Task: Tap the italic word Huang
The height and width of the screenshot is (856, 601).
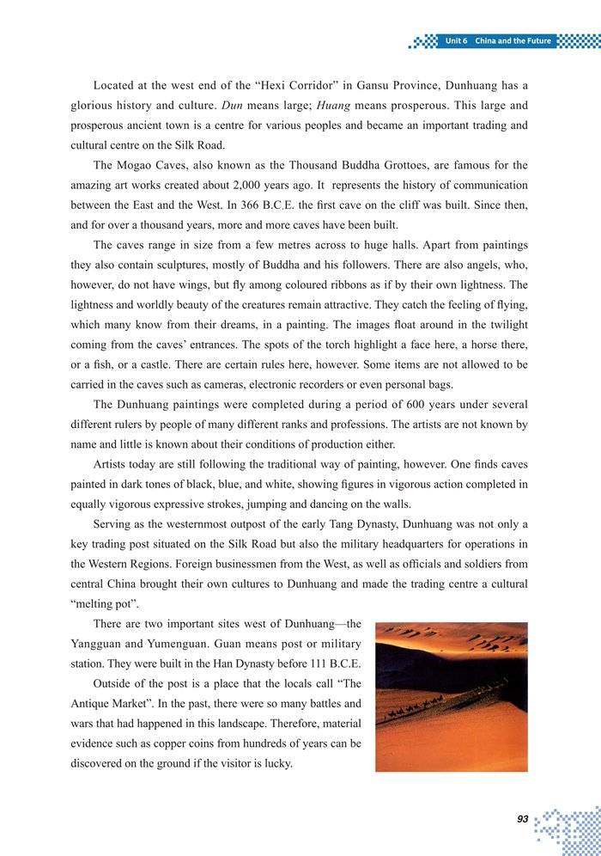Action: [331, 106]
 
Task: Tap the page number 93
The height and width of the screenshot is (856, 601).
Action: [522, 819]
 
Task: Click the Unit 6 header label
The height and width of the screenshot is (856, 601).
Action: [456, 41]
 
